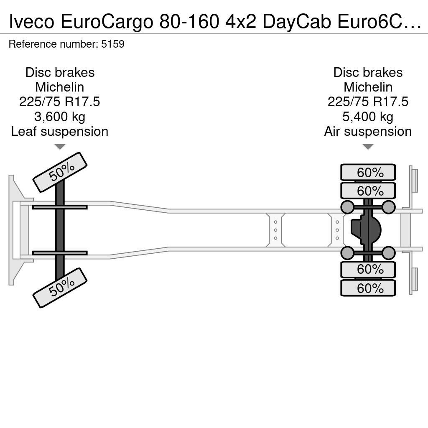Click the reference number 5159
(113, 44)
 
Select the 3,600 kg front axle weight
(60, 117)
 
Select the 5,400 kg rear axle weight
(368, 117)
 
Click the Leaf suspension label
(60, 131)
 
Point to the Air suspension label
(368, 131)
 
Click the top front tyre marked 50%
(60, 172)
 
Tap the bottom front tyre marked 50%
(60, 288)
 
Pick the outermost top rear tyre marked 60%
(368, 172)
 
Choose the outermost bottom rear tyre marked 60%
(368, 288)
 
